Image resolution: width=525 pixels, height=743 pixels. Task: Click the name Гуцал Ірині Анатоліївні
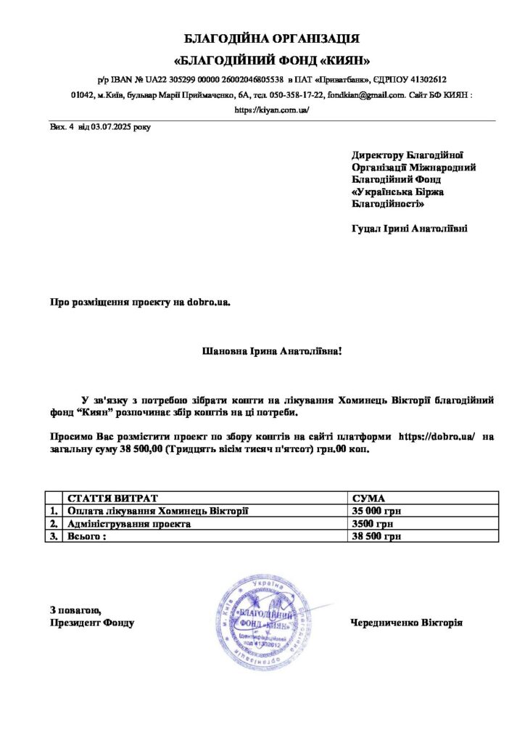(x=409, y=229)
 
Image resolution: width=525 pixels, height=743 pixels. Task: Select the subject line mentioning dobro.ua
(x=139, y=301)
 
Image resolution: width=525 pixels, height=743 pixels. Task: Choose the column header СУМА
(x=368, y=498)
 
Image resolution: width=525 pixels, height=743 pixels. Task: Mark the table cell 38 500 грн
(x=376, y=537)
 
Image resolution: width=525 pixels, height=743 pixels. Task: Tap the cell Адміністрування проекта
(x=130, y=524)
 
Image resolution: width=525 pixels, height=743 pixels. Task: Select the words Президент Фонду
(x=92, y=623)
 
